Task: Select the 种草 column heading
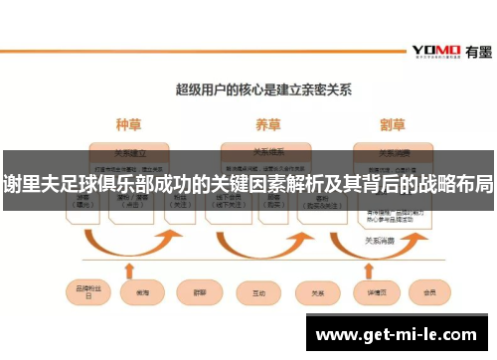129,125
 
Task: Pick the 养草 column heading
267,125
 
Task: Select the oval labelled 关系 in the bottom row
318,293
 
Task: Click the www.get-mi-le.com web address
398,335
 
